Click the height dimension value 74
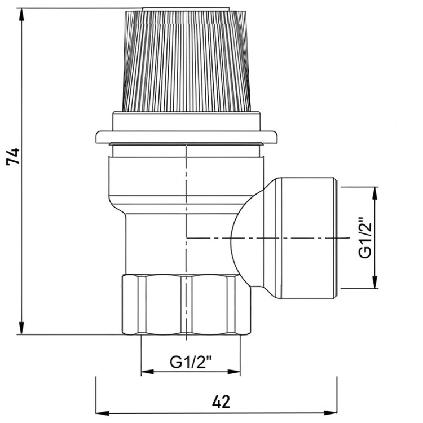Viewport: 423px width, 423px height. [x=13, y=156]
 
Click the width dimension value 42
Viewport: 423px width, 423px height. [x=221, y=402]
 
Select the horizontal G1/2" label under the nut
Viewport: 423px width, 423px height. [x=191, y=362]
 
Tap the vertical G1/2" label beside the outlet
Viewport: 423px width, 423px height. [x=365, y=237]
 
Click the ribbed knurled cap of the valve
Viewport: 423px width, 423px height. [x=187, y=60]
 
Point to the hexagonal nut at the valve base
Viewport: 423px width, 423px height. [x=187, y=305]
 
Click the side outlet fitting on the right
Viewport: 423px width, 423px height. [x=307, y=238]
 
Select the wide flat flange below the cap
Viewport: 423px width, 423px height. [x=187, y=137]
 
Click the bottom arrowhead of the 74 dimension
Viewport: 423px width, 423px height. [x=21, y=328]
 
